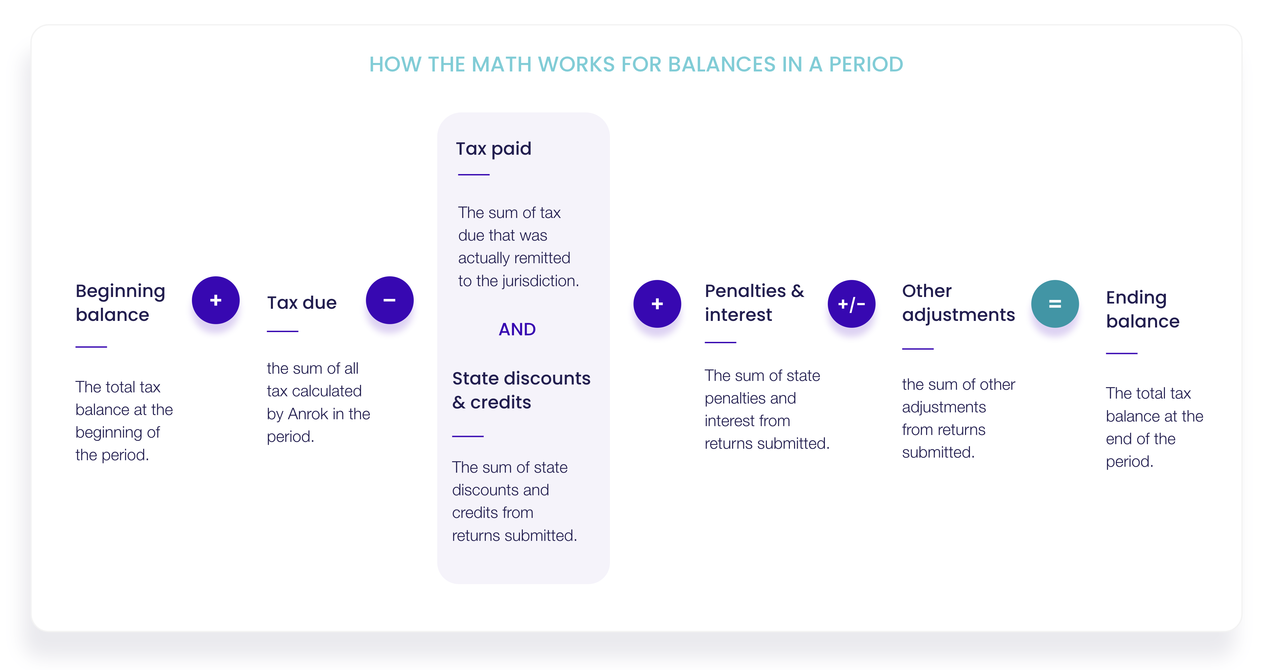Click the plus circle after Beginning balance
(216, 300)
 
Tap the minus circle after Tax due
(389, 300)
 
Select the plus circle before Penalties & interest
(657, 304)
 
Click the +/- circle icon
(851, 304)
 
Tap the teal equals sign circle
(1055, 304)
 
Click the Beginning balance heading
(120, 303)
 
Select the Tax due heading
(301, 302)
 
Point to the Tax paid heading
(493, 148)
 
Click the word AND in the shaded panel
(517, 329)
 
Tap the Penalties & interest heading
(754, 302)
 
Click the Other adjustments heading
(958, 302)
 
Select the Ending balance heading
(1143, 309)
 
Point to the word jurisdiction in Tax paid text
(540, 281)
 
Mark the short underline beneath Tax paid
(473, 174)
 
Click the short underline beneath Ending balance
(1121, 353)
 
